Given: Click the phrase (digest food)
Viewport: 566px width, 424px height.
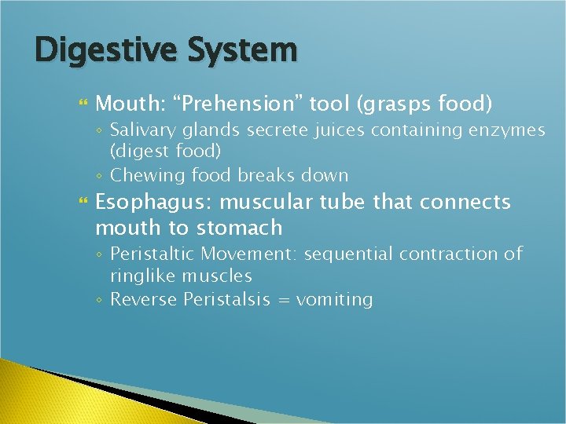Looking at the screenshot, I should (x=165, y=150).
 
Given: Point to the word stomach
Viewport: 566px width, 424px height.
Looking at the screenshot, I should (x=239, y=228).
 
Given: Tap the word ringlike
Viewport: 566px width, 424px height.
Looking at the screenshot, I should (x=142, y=276).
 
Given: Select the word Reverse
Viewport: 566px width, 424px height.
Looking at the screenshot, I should (x=144, y=300).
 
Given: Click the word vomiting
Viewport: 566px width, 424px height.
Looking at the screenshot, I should (x=334, y=300).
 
